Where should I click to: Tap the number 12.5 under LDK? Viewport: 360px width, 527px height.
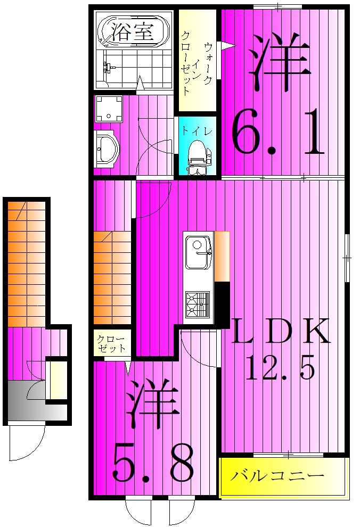tap(281, 367)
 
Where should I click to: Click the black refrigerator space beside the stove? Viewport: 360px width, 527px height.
tap(222, 302)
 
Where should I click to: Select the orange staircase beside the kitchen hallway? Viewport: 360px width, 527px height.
tap(112, 277)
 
